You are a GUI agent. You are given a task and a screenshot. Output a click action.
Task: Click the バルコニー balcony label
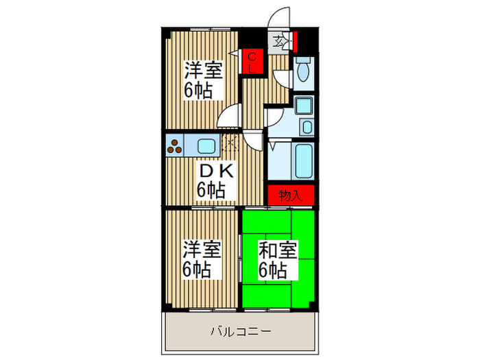click(239, 332)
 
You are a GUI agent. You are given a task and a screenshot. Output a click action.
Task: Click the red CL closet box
click(252, 61)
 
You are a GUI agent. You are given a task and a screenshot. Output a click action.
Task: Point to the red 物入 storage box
click(291, 195)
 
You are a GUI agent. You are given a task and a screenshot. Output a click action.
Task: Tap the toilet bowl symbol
click(304, 69)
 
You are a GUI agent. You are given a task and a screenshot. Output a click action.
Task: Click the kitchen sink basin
click(206, 145)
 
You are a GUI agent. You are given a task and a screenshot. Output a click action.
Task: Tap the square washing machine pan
click(302, 106)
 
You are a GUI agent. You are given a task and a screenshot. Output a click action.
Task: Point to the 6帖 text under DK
click(211, 190)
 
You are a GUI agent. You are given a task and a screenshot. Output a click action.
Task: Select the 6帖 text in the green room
click(272, 270)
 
